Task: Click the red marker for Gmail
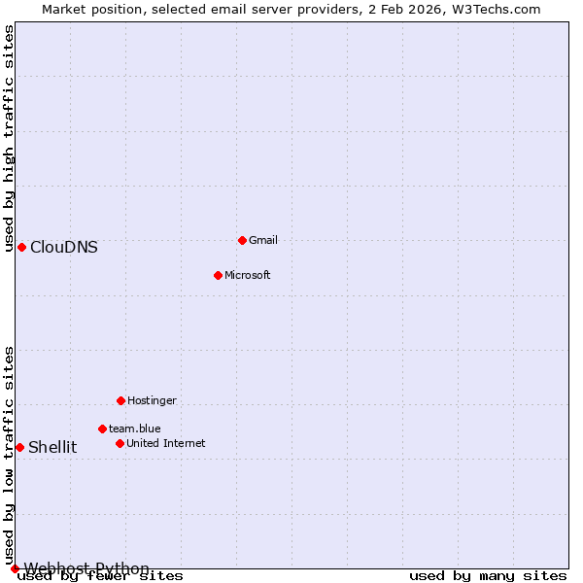click(242, 240)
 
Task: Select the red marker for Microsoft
click(218, 275)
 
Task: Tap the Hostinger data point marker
click(120, 400)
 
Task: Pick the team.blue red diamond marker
click(102, 429)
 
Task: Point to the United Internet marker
click(120, 443)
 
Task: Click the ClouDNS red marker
click(21, 247)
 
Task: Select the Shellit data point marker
click(19, 447)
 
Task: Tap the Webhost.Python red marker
click(15, 568)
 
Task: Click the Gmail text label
click(263, 240)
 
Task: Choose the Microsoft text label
click(248, 275)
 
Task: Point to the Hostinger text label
click(152, 400)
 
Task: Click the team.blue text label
click(135, 429)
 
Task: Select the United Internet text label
click(166, 443)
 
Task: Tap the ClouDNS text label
click(64, 247)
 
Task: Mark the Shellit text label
click(52, 447)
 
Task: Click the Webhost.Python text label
click(86, 568)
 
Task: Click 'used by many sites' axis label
click(488, 576)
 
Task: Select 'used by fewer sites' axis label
click(101, 576)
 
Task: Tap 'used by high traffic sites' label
click(9, 138)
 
